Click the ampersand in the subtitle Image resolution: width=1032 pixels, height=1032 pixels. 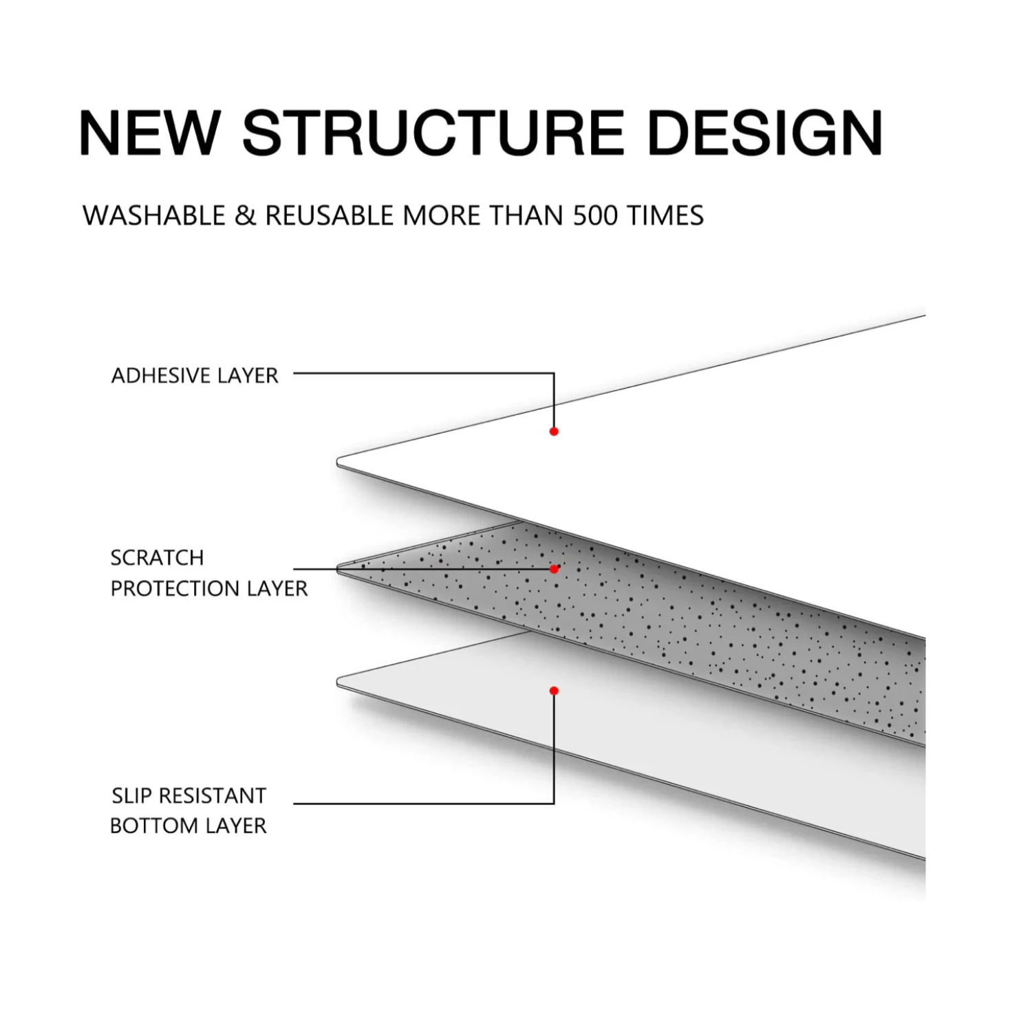(245, 215)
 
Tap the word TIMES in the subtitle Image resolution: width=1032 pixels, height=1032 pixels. (665, 215)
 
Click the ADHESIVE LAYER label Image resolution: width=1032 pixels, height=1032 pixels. (195, 376)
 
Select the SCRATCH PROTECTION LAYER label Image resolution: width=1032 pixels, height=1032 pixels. (208, 572)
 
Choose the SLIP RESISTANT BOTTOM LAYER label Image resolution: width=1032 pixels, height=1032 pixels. (189, 810)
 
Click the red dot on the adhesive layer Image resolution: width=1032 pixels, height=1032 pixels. (554, 431)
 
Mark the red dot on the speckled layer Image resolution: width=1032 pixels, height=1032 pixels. (554, 569)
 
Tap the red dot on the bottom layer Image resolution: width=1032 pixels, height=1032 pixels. (554, 691)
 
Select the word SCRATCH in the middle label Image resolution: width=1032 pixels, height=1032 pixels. (158, 557)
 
